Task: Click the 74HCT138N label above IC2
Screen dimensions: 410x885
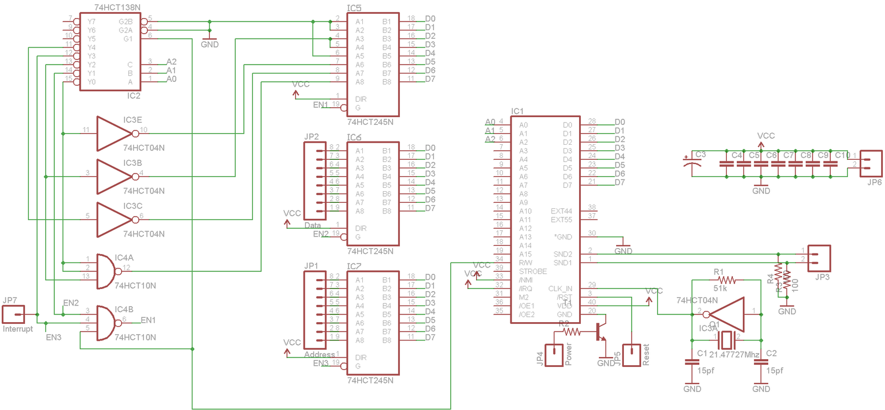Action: coord(117,7)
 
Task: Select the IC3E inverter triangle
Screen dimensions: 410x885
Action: coord(113,134)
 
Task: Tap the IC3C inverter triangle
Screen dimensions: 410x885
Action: coord(113,220)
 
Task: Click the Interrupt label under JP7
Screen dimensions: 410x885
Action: coord(18,329)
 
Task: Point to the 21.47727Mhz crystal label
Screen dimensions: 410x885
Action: coord(734,355)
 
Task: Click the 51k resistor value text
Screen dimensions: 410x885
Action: coord(720,288)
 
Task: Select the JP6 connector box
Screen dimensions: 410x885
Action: coord(871,163)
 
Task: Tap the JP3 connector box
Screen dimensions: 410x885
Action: coord(819,259)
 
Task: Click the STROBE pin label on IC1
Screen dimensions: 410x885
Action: coord(533,272)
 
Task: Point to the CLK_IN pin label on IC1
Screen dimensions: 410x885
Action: coord(560,289)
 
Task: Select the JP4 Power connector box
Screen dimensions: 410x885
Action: coord(554,355)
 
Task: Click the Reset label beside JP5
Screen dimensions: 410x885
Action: coord(646,355)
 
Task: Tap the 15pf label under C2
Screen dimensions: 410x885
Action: coord(774,371)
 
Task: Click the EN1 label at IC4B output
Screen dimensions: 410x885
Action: coord(148,320)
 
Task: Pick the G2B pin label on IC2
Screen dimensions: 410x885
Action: coord(126,22)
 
